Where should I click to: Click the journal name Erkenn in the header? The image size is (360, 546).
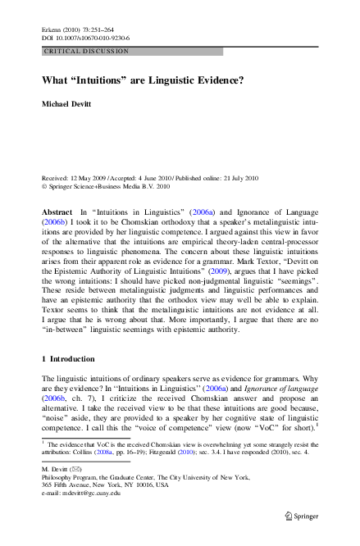tap(51, 29)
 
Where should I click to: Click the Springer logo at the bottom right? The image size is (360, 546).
tap(300, 516)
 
